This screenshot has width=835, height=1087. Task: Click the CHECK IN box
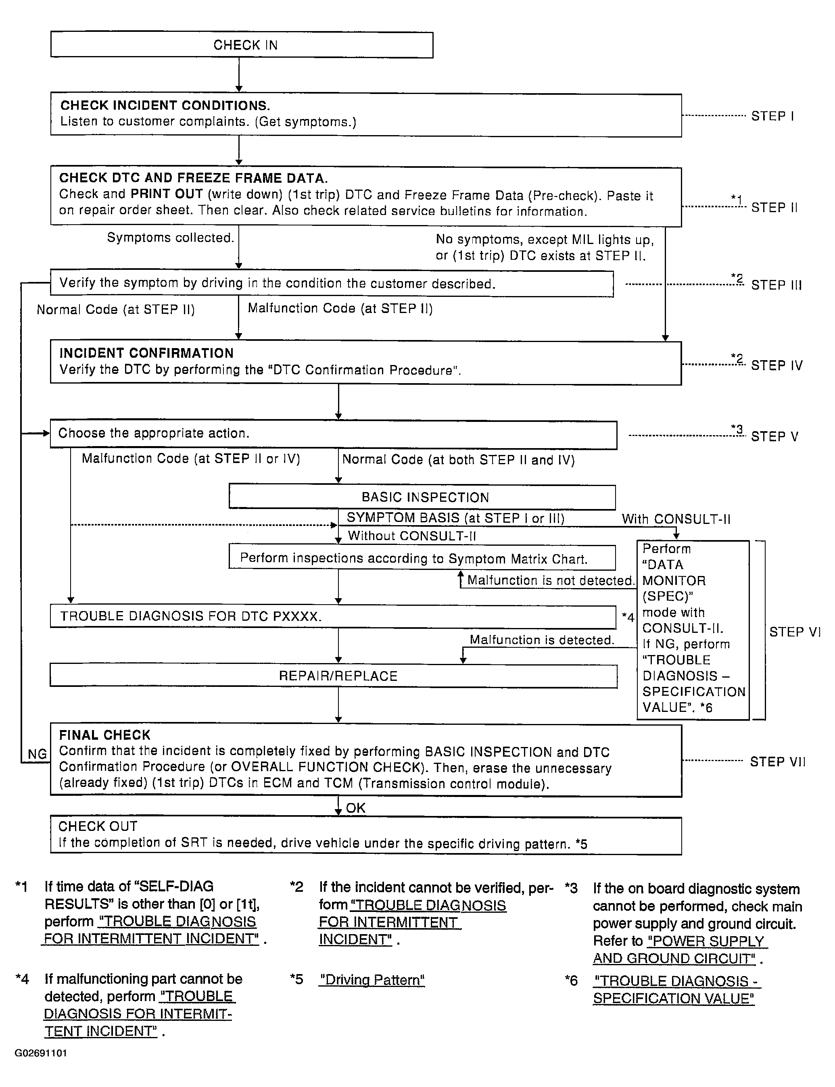(x=242, y=45)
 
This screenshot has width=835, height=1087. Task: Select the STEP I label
(x=772, y=116)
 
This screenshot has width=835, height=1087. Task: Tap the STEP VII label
(x=777, y=762)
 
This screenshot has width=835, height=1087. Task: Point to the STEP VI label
(x=794, y=632)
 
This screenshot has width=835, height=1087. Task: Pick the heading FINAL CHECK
(x=104, y=735)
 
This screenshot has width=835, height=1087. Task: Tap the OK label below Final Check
(x=355, y=807)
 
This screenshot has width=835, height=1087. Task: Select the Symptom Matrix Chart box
(x=422, y=558)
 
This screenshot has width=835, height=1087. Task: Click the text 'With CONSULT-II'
(x=676, y=519)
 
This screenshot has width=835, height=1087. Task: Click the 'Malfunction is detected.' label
(x=542, y=640)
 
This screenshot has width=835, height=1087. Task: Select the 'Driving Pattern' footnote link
(x=372, y=980)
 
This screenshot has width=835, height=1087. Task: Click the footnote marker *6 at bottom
(x=571, y=980)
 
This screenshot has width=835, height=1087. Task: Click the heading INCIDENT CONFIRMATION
(x=146, y=353)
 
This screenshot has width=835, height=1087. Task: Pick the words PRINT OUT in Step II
(x=167, y=194)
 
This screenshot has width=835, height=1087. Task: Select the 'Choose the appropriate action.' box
(x=334, y=434)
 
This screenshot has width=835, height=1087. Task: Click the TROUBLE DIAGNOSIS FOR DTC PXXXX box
(x=334, y=617)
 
